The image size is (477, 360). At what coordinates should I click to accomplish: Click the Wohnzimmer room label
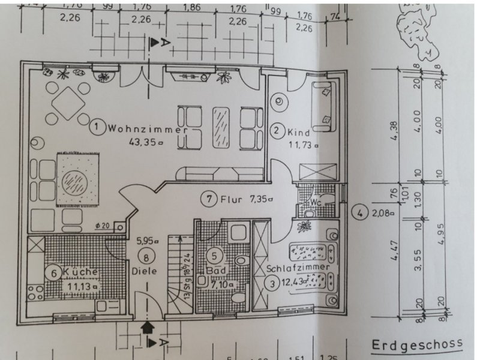pyautogui.click(x=144, y=128)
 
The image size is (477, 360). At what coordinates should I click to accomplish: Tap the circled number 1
pyautogui.click(x=96, y=127)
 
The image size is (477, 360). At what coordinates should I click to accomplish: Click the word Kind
pyautogui.click(x=298, y=131)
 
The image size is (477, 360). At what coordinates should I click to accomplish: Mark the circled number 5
pyautogui.click(x=214, y=255)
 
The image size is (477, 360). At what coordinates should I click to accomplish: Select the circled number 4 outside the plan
pyautogui.click(x=359, y=212)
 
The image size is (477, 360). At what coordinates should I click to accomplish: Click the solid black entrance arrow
pyautogui.click(x=147, y=326)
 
